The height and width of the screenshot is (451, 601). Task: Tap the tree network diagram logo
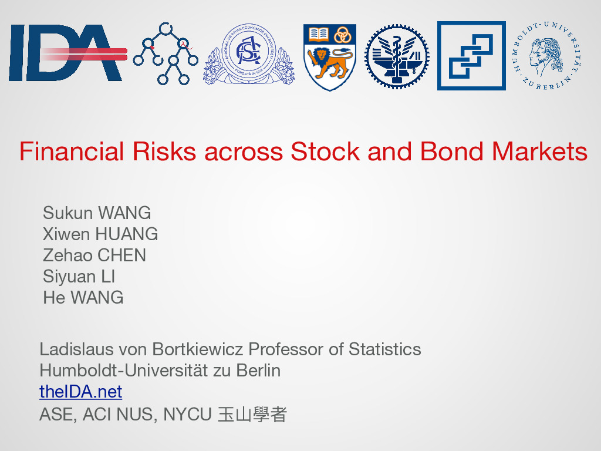(x=166, y=53)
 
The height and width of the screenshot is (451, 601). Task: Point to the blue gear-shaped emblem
(x=397, y=56)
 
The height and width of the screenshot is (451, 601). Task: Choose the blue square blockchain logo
(x=471, y=56)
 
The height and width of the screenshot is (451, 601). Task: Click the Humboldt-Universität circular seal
(x=546, y=56)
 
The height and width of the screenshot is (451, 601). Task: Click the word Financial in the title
(x=72, y=151)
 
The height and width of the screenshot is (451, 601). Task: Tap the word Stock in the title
(x=325, y=151)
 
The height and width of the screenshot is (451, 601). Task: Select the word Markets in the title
(x=539, y=151)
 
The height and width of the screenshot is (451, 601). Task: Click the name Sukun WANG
(x=97, y=213)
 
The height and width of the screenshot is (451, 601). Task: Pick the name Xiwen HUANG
(x=100, y=234)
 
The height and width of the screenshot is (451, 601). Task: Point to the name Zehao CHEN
(x=94, y=255)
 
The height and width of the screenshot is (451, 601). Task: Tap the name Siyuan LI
(x=79, y=277)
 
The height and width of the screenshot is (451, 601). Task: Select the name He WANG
(x=83, y=298)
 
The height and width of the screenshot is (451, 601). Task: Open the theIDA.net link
(x=81, y=392)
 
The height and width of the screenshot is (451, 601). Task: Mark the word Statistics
(x=385, y=349)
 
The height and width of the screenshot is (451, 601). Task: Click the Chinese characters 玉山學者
(x=252, y=414)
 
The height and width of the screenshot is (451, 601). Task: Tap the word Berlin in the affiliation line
(x=258, y=371)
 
